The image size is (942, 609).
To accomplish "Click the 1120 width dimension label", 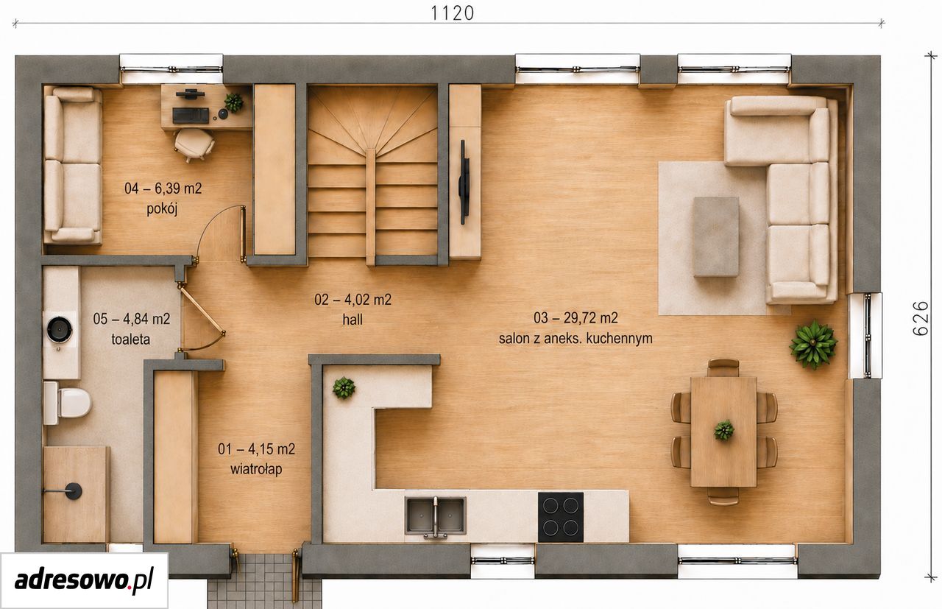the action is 453,13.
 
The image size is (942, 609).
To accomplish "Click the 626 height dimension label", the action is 921,318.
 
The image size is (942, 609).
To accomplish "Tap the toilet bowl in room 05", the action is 68,403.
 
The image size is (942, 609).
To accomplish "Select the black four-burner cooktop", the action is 561,517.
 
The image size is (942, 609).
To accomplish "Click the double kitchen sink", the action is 435,516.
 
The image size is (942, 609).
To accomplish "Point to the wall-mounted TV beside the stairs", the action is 464,182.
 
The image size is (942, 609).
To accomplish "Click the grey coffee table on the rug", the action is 716,237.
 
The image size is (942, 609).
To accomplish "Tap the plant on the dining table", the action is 723,431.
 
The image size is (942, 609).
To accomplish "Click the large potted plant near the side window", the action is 813,345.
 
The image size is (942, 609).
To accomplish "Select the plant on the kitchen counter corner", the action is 344,387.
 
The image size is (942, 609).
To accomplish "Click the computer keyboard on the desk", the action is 191,116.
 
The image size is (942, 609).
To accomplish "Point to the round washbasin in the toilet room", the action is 60,330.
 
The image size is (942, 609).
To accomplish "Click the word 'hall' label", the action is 353,320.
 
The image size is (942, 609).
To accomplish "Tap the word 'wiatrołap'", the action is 256,469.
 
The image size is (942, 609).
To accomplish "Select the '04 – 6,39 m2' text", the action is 163,188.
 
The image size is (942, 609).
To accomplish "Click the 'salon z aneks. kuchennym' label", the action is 576,339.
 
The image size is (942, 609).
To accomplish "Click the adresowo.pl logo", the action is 84,580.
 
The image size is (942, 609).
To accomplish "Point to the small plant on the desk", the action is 234,102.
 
